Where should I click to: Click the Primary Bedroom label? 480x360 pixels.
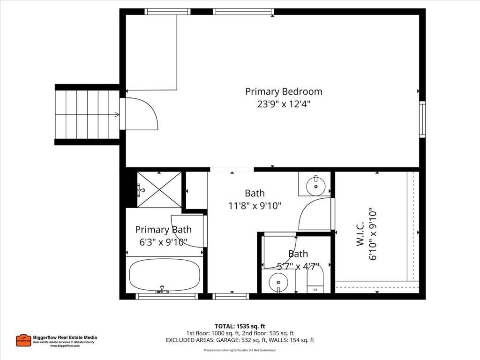point(284,91)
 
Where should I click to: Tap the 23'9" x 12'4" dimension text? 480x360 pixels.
point(284,104)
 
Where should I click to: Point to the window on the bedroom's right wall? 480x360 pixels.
point(422,120)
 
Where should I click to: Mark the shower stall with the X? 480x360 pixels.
point(159,190)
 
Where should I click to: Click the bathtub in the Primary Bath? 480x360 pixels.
point(165,275)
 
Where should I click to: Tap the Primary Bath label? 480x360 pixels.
point(163,230)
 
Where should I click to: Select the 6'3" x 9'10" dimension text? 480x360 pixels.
point(163,242)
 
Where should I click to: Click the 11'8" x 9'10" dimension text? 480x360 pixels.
point(255,205)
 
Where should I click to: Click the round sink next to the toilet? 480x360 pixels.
point(279,282)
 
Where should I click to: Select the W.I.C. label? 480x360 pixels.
point(360,234)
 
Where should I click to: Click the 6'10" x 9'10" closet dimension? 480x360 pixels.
point(373,234)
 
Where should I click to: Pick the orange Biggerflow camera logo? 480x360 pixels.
point(23,340)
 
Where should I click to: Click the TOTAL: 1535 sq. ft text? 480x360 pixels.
point(240,326)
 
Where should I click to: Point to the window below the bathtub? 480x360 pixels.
point(166,296)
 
